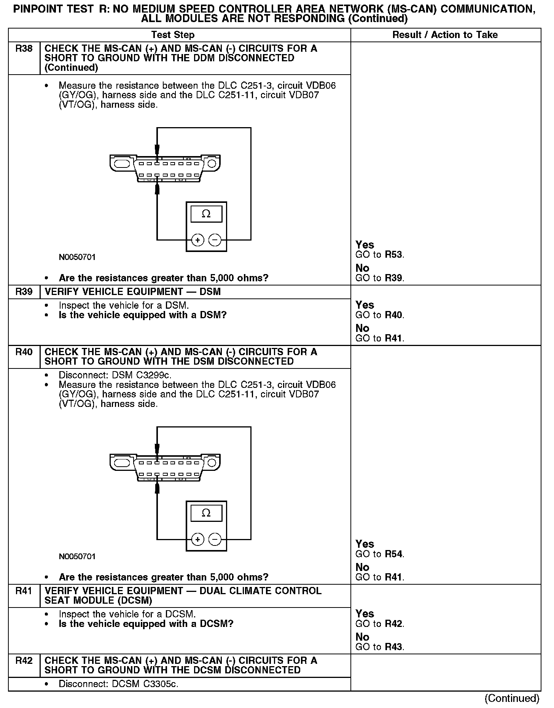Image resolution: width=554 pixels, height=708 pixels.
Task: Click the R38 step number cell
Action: (24, 49)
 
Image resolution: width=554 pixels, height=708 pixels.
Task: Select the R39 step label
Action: (24, 292)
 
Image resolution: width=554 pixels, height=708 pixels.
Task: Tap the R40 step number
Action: (24, 352)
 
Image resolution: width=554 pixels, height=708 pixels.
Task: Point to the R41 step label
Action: (24, 591)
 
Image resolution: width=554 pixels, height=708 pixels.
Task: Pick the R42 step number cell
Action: (24, 660)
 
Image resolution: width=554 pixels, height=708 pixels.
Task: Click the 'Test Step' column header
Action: (173, 35)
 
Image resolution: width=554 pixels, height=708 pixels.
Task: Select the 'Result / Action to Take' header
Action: (445, 35)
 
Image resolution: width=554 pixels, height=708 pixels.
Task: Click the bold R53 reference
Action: (393, 255)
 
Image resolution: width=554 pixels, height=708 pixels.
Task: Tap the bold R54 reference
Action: (393, 554)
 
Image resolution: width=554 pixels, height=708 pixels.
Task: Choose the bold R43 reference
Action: (393, 647)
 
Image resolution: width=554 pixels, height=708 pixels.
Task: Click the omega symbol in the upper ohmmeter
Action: (206, 214)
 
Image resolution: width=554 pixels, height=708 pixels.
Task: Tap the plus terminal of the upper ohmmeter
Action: (197, 240)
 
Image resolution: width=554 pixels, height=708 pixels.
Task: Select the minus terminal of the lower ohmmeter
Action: (215, 539)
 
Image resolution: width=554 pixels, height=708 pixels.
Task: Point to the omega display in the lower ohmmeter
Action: (206, 513)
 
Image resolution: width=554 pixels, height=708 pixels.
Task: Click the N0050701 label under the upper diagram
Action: (77, 257)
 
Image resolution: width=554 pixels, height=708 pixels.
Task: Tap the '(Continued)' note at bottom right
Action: (512, 698)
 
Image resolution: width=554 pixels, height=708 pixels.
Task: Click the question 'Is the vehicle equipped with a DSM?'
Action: (143, 315)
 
